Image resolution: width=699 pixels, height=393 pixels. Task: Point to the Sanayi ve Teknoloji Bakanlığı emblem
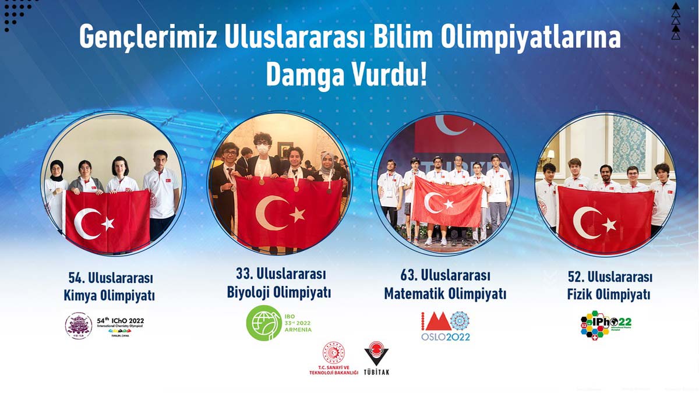[334, 353]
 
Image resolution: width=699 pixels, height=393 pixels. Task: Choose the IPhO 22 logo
[606, 324]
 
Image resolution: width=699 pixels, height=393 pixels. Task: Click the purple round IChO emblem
[78, 325]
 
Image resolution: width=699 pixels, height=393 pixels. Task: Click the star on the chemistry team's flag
[108, 223]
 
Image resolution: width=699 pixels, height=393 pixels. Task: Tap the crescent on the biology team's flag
[271, 213]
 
